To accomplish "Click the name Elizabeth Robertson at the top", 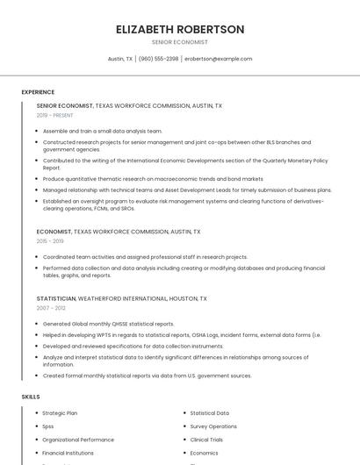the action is click(180, 29).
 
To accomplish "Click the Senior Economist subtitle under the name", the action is click(180, 42).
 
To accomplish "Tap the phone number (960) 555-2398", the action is click(158, 59).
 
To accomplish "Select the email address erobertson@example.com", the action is click(219, 59).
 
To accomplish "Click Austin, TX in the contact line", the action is click(120, 59).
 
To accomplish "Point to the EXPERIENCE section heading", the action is click(38, 92).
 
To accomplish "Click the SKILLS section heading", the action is click(31, 397).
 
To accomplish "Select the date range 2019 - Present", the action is click(54, 115).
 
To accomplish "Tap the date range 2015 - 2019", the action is click(50, 241).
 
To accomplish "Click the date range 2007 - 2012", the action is click(50, 308).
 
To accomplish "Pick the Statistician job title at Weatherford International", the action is click(56, 298).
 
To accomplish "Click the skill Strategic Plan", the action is click(60, 412).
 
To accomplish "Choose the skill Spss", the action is click(48, 426).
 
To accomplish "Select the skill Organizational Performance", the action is click(78, 440).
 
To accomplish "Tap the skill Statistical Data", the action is click(210, 412).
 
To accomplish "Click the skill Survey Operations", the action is click(213, 426).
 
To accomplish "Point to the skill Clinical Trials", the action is click(206, 440).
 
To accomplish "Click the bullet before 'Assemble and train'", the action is click(38, 131).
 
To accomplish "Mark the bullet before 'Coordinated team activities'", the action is click(38, 257).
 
